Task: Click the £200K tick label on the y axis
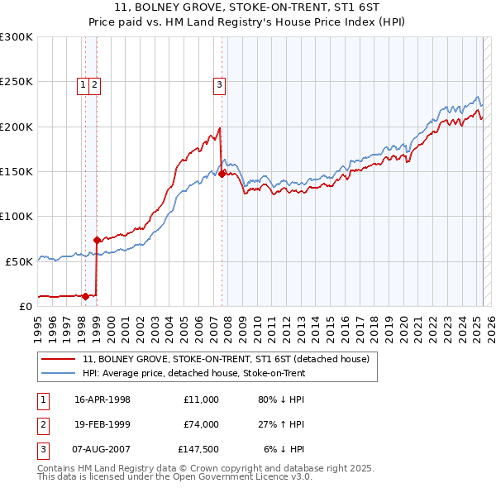point(17,127)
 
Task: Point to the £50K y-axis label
point(19,261)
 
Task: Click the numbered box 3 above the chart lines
point(220,84)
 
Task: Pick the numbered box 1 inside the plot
point(83,84)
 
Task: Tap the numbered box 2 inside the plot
point(95,84)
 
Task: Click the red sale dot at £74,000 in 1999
point(97,240)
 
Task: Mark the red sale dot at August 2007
point(222,174)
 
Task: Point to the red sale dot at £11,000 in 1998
point(85,295)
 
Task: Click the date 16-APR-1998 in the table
point(103,399)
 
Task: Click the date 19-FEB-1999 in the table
point(103,424)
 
